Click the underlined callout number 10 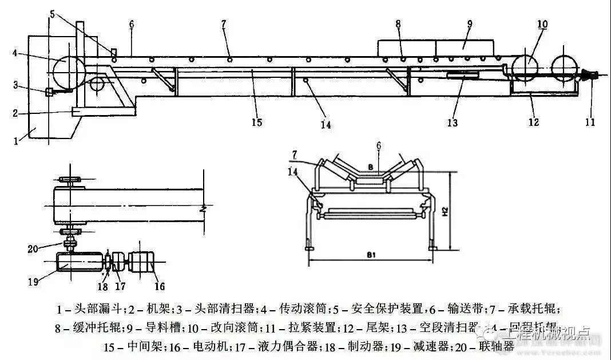click(542, 24)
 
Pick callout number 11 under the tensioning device click(590, 121)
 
